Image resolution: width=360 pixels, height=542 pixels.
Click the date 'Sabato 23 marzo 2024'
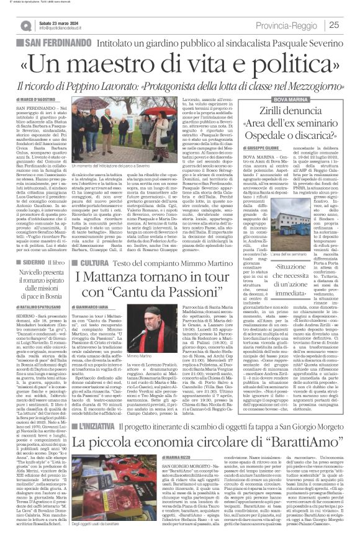click(x=59, y=22)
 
